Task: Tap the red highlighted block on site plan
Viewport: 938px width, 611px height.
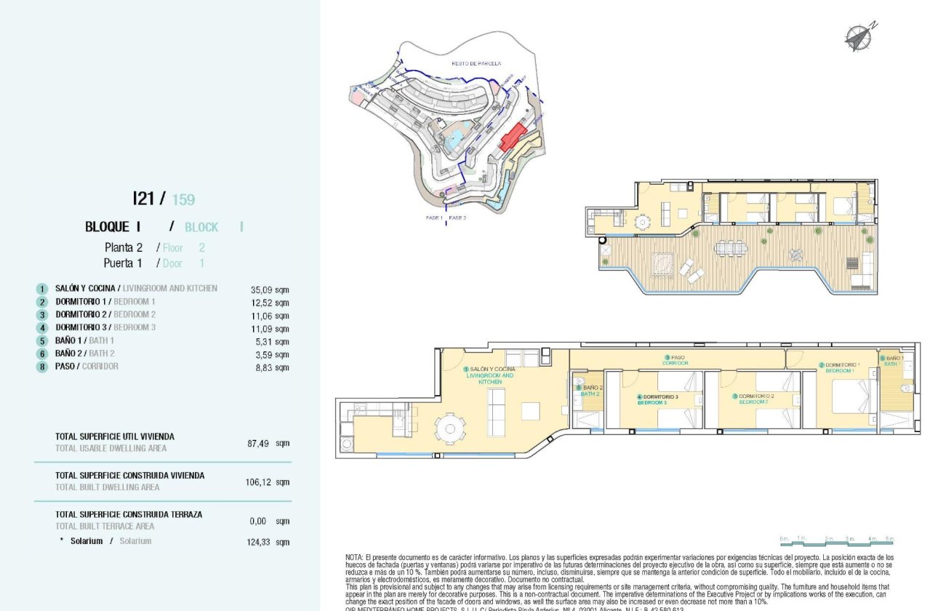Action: tap(513, 137)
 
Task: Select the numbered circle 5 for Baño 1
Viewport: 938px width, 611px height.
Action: tap(42, 340)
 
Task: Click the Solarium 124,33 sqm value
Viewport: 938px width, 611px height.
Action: tap(268, 542)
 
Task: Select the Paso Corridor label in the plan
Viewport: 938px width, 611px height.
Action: tap(676, 360)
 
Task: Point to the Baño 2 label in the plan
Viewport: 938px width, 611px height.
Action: tap(590, 391)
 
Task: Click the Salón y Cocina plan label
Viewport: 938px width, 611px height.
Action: tap(492, 375)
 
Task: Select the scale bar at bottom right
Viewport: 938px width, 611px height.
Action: tap(836, 540)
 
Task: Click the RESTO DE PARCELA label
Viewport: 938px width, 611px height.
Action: tap(476, 63)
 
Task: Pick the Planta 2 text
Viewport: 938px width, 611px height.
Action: tap(124, 247)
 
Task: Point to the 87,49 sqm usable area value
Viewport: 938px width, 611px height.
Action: tap(268, 442)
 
